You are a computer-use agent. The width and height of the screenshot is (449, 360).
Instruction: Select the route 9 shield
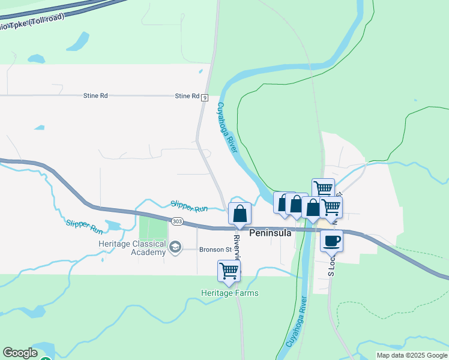coord(205,97)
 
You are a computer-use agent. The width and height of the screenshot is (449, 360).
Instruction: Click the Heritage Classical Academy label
coord(132,248)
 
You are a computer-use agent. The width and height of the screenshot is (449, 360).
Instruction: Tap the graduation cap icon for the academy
coord(175,247)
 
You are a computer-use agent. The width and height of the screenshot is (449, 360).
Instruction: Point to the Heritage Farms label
coord(230,293)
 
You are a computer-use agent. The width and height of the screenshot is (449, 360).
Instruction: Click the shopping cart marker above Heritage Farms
coord(229,271)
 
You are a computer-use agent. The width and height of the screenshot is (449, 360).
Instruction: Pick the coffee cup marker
coord(331,241)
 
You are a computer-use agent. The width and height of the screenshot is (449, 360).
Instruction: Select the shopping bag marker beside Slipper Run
coord(240,214)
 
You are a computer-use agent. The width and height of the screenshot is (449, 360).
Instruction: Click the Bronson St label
coord(215,249)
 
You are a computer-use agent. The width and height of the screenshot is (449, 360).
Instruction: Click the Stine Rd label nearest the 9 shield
coord(187,96)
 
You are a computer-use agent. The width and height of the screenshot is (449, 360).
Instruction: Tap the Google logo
coord(20,353)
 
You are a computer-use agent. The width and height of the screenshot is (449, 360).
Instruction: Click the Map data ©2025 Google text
coord(412,355)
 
